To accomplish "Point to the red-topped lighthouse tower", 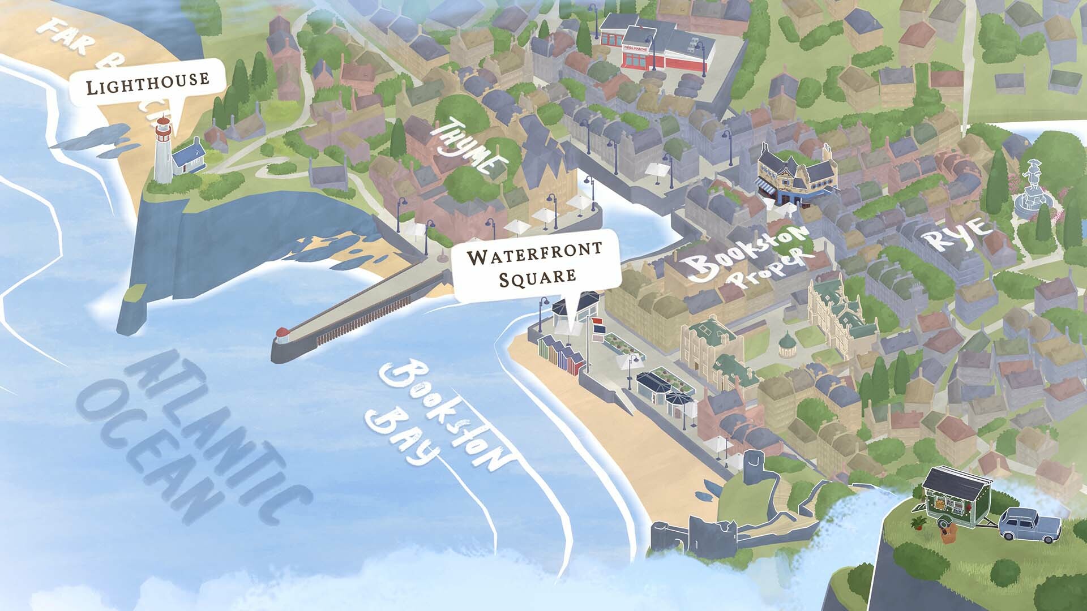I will pos(163,150).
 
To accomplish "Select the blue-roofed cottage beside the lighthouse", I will pos(189,157).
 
